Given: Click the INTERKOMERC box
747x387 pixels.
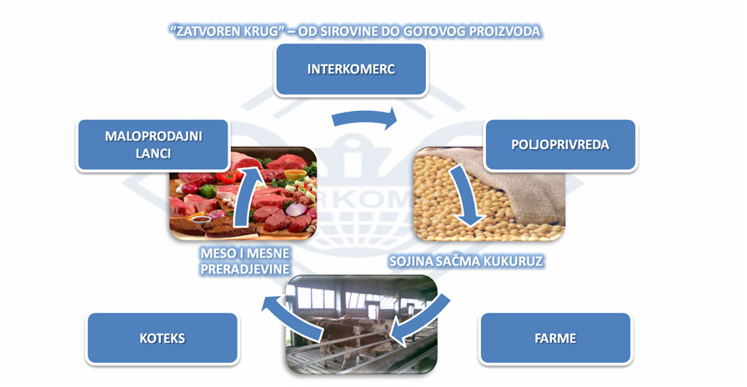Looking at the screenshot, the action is [351, 69].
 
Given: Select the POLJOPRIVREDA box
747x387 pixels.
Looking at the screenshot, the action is [559, 145].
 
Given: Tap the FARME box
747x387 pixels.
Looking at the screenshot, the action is [555, 339].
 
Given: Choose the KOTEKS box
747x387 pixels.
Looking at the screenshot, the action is [162, 339].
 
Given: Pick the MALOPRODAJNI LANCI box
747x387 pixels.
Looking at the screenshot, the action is [153, 145].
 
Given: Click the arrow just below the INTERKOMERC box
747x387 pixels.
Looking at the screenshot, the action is [364, 118].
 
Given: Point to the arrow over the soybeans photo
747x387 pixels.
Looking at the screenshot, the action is [466, 195].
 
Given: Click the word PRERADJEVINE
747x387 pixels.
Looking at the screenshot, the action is [245, 269].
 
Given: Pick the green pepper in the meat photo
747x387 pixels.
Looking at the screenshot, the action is [208, 191].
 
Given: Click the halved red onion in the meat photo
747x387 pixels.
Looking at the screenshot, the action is [295, 209].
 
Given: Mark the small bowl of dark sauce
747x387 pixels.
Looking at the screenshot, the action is [201, 219].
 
